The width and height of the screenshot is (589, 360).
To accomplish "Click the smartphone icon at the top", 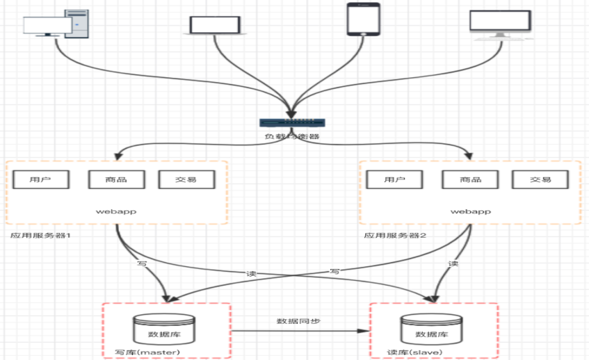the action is click(x=363, y=19).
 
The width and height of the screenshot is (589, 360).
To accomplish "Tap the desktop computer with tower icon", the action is click(x=56, y=24).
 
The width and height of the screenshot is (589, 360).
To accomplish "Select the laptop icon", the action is click(x=215, y=26).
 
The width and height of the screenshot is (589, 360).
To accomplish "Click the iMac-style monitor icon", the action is click(x=501, y=25).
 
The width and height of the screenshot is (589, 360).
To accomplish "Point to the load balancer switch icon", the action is click(x=292, y=123).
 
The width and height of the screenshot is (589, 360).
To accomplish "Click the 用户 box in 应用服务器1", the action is click(x=41, y=179).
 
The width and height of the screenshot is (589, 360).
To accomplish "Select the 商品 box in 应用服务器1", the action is click(x=116, y=179).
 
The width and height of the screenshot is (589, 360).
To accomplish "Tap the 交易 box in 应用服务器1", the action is click(x=186, y=179).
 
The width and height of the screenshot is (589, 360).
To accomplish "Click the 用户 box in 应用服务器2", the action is click(x=394, y=179).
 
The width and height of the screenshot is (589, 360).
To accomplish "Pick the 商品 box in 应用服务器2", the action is click(x=470, y=179).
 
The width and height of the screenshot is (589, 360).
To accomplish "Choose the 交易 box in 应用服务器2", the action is click(x=540, y=179).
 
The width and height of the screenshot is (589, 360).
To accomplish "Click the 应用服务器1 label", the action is click(x=40, y=236).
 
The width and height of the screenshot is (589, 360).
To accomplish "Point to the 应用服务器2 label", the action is click(x=395, y=236).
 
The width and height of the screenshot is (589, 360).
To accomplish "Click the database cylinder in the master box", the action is click(x=164, y=329).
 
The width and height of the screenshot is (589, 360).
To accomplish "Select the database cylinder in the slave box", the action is click(x=432, y=329).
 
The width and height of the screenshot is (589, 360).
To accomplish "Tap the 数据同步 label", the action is click(x=298, y=321).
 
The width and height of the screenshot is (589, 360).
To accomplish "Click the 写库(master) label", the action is click(x=147, y=352).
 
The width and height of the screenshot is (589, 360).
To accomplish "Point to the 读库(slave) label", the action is click(x=414, y=352).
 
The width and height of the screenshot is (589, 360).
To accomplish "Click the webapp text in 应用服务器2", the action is click(x=471, y=212).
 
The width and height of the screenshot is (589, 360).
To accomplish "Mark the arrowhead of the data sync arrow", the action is click(x=364, y=331).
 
